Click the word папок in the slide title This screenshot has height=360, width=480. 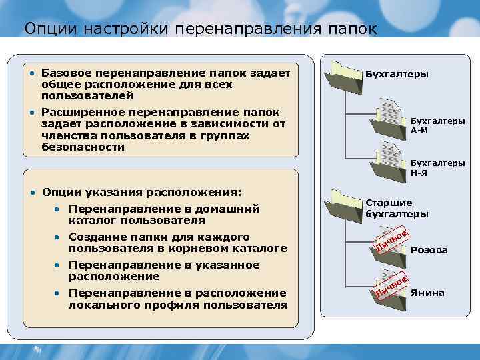353,29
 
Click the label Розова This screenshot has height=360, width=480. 429,251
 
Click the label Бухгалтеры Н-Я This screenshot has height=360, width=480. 437,167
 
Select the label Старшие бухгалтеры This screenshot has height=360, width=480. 397,208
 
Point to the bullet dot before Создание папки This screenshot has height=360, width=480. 58,237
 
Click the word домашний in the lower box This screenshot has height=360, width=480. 227,209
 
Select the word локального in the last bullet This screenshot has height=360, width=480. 100,305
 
